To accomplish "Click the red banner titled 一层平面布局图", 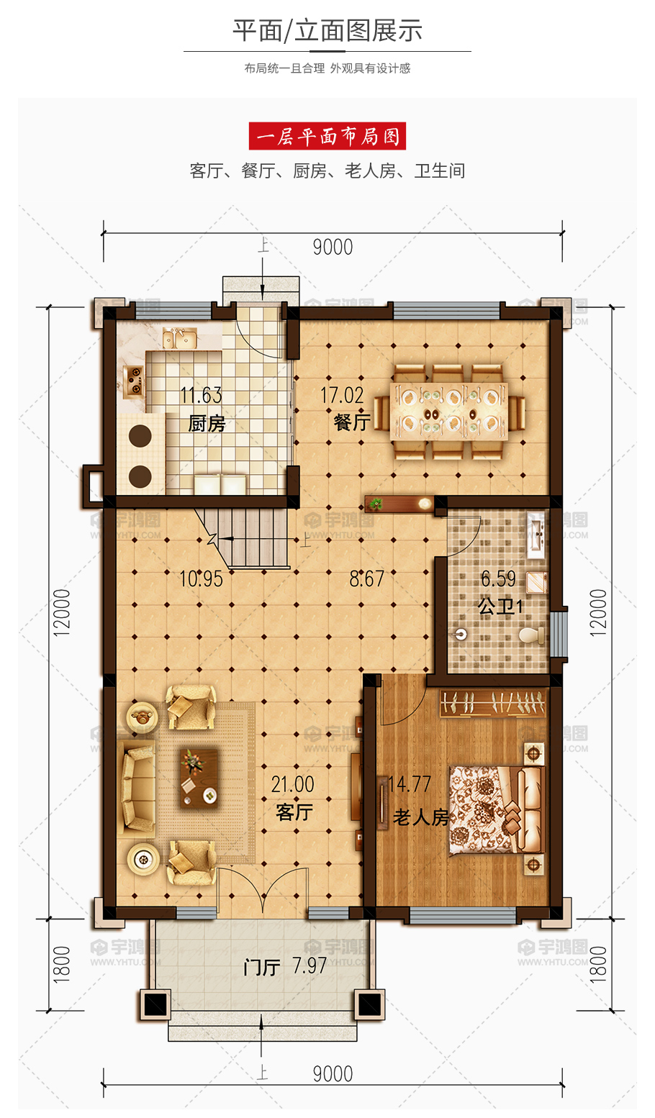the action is (x=327, y=136).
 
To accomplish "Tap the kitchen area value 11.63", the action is (x=202, y=396).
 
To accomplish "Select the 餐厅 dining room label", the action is (x=353, y=422).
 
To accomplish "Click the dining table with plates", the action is (x=449, y=412).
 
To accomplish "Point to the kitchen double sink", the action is (x=180, y=338).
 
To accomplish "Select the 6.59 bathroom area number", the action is (x=498, y=579).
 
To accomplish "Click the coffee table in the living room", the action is (x=199, y=778).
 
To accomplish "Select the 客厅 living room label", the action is (x=294, y=812).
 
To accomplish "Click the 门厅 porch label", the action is (x=261, y=967).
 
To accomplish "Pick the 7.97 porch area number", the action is (x=310, y=965).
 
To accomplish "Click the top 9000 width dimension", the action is (x=333, y=247).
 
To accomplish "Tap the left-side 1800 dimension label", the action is (x=62, y=965).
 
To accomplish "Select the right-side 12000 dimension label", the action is (x=598, y=612).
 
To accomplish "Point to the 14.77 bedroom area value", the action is (x=410, y=784).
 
